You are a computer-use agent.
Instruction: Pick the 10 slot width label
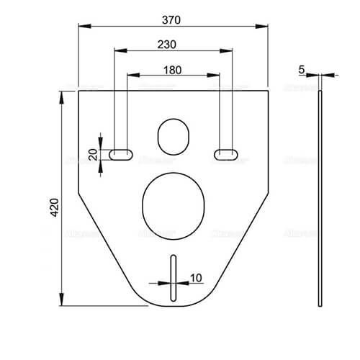[x=197, y=276]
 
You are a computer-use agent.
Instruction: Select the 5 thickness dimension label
[x=302, y=69]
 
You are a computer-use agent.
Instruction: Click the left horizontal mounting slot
[x=120, y=153]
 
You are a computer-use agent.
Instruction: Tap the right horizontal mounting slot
[x=226, y=153]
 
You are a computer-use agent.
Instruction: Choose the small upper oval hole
[x=173, y=135]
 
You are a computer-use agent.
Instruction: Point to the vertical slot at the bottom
[x=173, y=279]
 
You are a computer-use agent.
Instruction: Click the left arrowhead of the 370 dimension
[x=81, y=27]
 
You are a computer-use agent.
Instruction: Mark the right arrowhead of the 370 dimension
[x=265, y=27]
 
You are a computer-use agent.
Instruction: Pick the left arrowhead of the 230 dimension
[x=117, y=51]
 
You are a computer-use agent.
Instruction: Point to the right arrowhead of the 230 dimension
[x=229, y=51]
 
